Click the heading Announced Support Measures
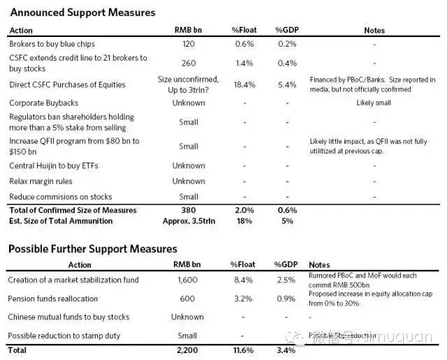(82, 13)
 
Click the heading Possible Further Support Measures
(92, 249)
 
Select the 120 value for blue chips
(189, 43)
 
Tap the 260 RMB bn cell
(189, 61)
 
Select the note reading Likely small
(374, 103)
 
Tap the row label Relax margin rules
(38, 181)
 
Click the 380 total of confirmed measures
(189, 210)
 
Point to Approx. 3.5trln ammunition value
(189, 220)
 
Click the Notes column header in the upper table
(374, 31)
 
